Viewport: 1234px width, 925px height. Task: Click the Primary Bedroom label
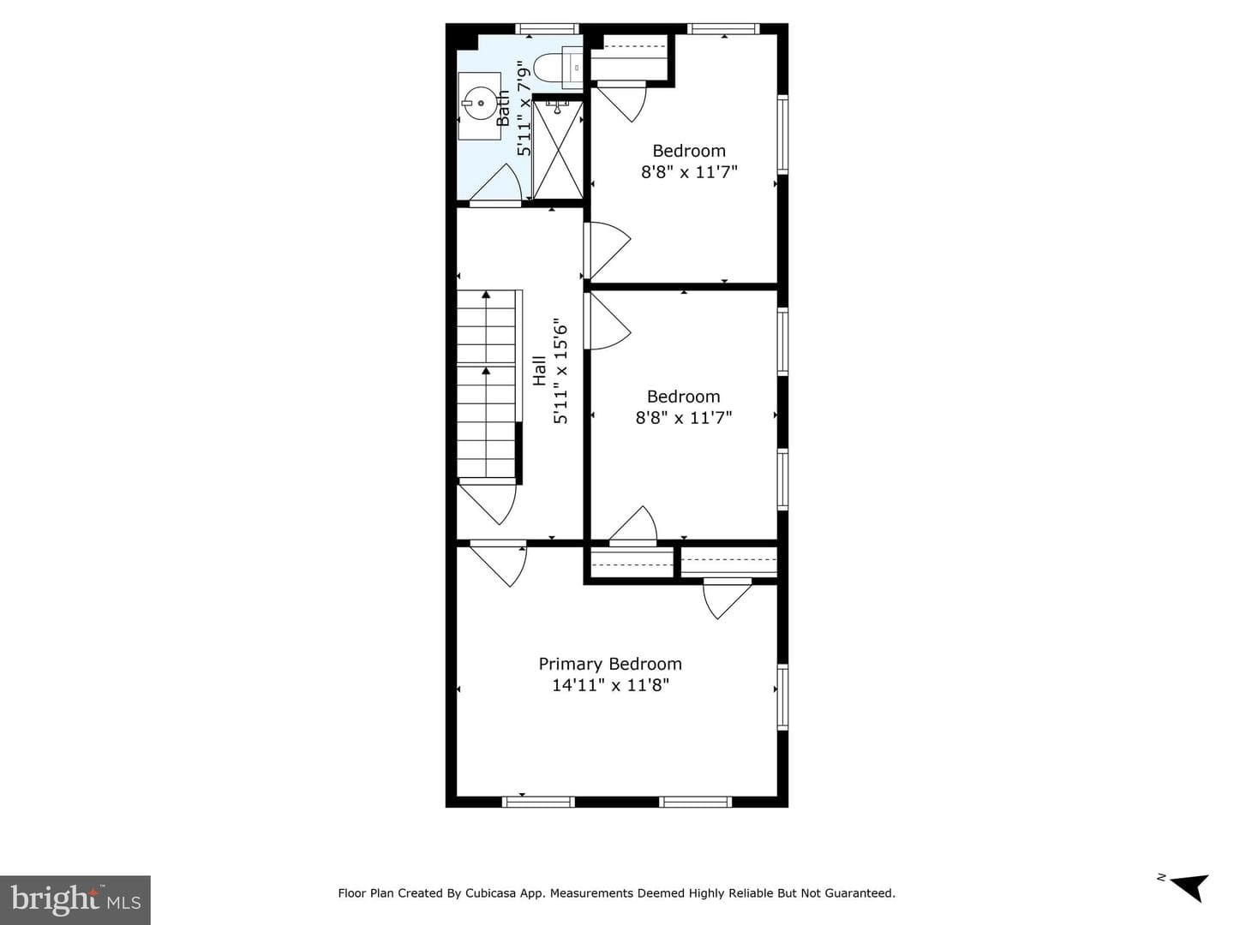(x=610, y=664)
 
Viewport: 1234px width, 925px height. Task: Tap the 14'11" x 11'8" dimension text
(x=610, y=685)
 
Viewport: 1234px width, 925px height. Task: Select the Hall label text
(x=539, y=371)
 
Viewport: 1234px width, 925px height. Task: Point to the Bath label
(x=504, y=108)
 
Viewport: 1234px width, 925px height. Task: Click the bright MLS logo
(x=75, y=898)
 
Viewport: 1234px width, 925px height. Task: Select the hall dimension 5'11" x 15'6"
(x=560, y=374)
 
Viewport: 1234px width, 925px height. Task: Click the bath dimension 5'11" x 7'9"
(x=524, y=108)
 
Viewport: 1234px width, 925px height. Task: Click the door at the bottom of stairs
(x=488, y=503)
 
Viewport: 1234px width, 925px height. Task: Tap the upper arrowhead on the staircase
(x=486, y=295)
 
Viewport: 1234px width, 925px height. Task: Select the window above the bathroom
(x=547, y=28)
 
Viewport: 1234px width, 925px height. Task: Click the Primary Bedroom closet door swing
(x=727, y=599)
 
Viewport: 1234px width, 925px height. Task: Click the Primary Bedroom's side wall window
(x=782, y=697)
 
